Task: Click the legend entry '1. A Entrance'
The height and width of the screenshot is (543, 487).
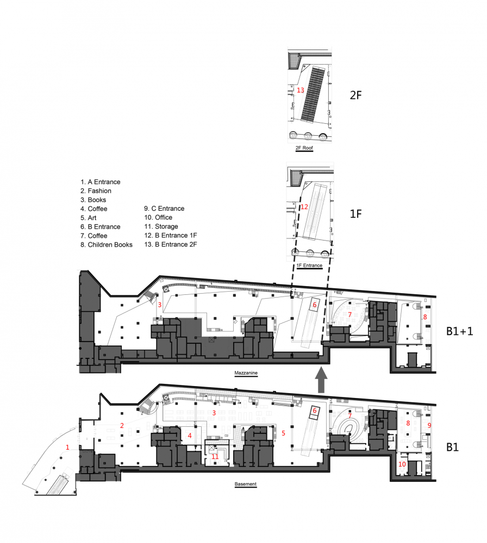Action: click(x=101, y=182)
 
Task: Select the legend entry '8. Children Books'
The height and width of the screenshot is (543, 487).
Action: click(x=107, y=245)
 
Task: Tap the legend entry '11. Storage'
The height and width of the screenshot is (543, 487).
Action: click(x=161, y=226)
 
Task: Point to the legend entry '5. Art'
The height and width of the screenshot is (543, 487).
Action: click(x=89, y=218)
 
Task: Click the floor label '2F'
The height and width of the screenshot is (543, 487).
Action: click(x=355, y=95)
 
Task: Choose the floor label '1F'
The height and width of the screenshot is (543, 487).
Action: click(x=355, y=214)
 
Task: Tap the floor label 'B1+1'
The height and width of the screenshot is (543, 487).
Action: click(x=459, y=331)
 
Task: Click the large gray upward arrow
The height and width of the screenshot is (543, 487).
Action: click(x=321, y=380)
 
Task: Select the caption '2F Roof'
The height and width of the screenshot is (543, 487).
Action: click(x=304, y=148)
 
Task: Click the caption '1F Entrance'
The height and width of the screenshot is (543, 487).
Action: click(x=309, y=266)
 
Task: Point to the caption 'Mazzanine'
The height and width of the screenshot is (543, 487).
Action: click(x=246, y=373)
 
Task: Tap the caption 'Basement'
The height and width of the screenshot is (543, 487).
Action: click(x=246, y=484)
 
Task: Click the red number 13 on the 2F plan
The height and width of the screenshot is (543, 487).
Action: click(x=300, y=90)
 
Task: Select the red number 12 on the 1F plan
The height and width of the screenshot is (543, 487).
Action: click(x=304, y=207)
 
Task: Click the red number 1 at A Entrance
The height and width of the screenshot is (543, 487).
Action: click(x=67, y=447)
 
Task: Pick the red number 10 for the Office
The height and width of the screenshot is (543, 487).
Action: click(x=402, y=464)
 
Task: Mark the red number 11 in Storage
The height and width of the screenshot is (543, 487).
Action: click(x=215, y=457)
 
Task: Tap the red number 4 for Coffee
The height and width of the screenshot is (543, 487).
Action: click(x=190, y=435)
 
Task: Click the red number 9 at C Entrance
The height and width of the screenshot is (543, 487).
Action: click(x=429, y=425)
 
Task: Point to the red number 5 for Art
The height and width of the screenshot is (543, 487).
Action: click(x=284, y=433)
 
